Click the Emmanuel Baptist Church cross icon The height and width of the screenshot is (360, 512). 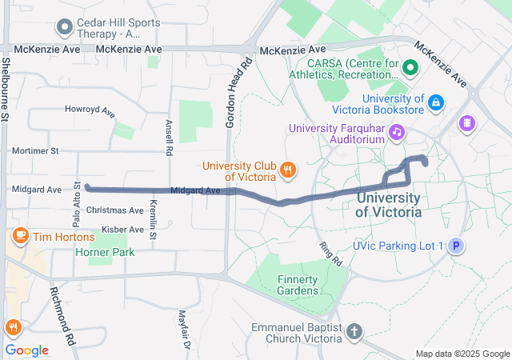354,330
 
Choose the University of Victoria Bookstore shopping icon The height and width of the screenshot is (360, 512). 436,102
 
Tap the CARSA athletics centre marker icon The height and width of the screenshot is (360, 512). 410,67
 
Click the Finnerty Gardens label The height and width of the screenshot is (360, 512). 298,284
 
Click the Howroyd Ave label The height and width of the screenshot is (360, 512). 90,110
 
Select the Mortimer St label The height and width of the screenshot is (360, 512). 35,150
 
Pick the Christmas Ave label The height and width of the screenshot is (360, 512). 114,210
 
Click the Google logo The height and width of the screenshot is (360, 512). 27,350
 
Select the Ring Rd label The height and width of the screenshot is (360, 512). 330,255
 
